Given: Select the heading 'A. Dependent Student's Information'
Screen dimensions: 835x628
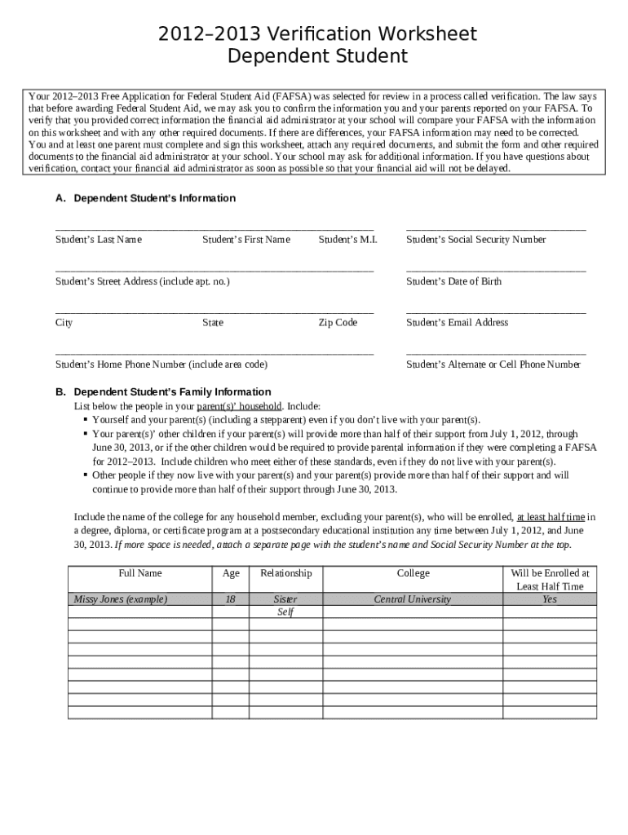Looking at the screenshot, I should tap(145, 198).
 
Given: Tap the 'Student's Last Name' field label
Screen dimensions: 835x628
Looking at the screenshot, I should tap(98, 240).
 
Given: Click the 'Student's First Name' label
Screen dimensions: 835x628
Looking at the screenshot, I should tap(245, 240).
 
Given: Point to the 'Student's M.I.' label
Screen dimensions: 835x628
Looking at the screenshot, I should tap(347, 240).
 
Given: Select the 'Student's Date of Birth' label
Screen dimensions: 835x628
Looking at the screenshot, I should tap(453, 281).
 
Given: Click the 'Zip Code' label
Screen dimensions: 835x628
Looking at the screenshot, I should tap(338, 323).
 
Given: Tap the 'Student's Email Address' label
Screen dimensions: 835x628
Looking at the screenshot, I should tap(457, 323).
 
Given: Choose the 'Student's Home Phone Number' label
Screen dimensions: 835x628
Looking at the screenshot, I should tap(161, 364).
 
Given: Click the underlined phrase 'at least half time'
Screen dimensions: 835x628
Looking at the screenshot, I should tap(551, 517).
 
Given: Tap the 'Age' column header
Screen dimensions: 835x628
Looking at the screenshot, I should tap(231, 573).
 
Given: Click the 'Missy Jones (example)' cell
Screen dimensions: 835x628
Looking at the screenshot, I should tap(121, 599).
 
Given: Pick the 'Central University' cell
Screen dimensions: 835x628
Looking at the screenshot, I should tap(412, 599).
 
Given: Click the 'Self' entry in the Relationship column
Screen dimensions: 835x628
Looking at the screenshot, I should tap(285, 612).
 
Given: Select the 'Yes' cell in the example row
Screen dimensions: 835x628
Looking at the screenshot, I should tap(550, 599).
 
